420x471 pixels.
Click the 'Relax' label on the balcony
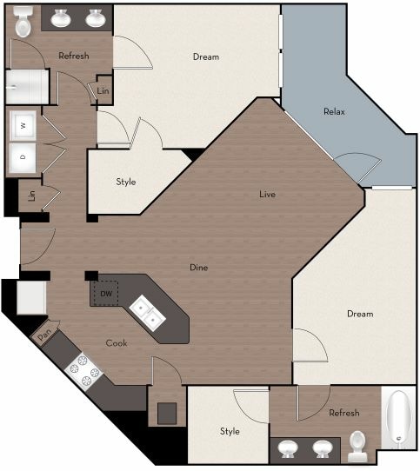coord(335,111)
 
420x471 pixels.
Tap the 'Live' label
coord(268,194)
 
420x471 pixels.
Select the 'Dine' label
coord(199,267)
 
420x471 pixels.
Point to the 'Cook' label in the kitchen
coord(117,342)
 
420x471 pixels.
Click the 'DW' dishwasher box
coord(106,294)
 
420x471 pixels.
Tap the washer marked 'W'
coord(23,126)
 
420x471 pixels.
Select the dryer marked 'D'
coord(23,157)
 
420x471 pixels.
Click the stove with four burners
coord(84,369)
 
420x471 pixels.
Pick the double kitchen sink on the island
coord(147,313)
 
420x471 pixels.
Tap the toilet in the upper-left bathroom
coord(23,23)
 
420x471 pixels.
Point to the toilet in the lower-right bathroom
coord(357,447)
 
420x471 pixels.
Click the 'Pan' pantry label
coord(43,335)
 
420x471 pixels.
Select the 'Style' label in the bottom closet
coord(230,431)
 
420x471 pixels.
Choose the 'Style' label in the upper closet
coord(125,182)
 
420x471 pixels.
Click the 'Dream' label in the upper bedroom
coord(206,57)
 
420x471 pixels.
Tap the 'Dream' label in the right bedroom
coord(359,314)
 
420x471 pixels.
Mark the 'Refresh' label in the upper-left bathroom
coord(74,56)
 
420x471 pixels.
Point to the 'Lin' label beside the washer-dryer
coord(31,195)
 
